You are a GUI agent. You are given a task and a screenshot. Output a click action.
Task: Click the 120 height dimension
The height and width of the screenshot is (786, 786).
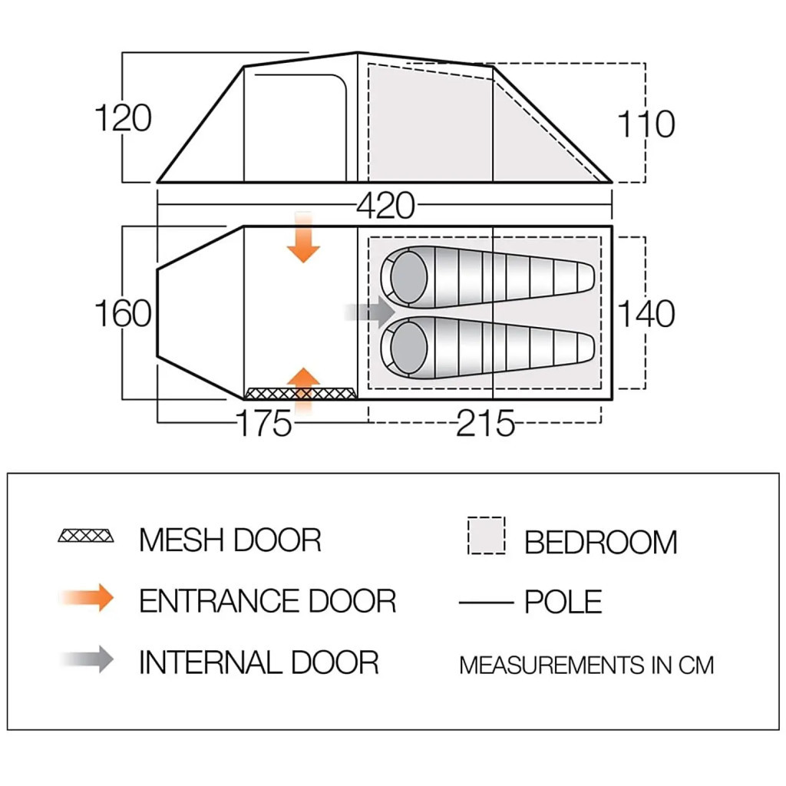pos(123,118)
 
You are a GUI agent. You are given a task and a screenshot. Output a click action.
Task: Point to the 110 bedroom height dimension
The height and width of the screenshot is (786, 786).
pos(646,124)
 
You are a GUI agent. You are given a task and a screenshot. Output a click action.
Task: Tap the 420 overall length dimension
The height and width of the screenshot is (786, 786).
pos(385,206)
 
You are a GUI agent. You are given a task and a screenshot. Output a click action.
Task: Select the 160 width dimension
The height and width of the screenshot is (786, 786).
pos(123,313)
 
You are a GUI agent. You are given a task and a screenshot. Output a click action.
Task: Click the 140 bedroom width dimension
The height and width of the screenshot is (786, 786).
pos(646,313)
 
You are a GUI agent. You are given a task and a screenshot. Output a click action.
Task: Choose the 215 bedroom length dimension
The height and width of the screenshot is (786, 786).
pos(485,423)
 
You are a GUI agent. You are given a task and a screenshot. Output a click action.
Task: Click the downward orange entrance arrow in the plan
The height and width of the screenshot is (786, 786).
pos(304,238)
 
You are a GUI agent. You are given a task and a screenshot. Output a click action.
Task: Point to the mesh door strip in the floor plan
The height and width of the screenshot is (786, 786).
pos(301,394)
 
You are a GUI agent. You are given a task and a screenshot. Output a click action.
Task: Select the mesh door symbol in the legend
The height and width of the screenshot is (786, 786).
pos(86,536)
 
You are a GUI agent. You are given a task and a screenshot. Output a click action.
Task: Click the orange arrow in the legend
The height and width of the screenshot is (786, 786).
pos(88,598)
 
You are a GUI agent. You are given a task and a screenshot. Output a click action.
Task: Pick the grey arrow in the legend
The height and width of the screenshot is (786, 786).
pos(88,659)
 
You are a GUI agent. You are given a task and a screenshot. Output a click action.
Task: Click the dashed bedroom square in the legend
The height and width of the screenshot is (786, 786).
pos(486,536)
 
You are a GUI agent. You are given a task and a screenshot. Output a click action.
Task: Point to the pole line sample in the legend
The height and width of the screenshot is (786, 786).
pos(486,603)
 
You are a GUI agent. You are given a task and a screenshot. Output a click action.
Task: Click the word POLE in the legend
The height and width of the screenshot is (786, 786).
pos(563,602)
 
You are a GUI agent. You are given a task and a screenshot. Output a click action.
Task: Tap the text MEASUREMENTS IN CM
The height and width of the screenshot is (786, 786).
pos(586,665)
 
